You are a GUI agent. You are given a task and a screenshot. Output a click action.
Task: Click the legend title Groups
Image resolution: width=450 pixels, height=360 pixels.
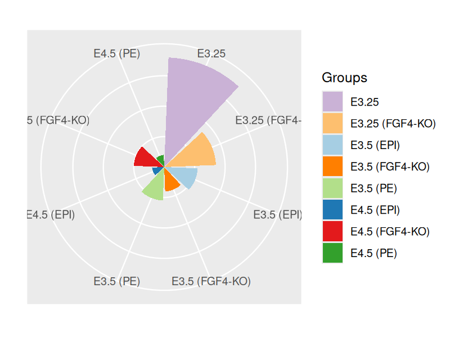[x=344, y=78]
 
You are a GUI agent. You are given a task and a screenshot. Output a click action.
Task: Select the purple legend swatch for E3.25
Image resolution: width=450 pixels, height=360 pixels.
[x=332, y=102]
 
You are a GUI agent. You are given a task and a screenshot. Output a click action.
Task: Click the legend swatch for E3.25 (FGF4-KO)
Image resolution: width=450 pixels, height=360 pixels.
[x=332, y=123]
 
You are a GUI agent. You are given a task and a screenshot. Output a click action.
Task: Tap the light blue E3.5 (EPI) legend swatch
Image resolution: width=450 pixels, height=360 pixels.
[x=332, y=145]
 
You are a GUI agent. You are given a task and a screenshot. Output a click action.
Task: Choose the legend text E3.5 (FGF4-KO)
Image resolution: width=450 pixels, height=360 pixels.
[x=390, y=166]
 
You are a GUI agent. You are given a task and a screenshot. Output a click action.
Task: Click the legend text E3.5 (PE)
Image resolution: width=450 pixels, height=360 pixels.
[x=373, y=188]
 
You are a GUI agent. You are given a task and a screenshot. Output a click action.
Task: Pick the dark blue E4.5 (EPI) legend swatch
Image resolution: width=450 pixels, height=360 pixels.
[x=332, y=210]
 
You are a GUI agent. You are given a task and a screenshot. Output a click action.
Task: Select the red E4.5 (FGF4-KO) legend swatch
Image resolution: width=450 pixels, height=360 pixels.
[x=332, y=231]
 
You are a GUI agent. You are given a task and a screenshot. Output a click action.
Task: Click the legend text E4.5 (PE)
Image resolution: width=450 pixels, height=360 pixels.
[x=373, y=253]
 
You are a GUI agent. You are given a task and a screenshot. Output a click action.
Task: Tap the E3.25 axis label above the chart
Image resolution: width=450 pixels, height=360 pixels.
[x=211, y=53]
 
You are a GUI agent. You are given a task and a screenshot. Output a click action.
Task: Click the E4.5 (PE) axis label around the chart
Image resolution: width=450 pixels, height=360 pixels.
[x=117, y=53]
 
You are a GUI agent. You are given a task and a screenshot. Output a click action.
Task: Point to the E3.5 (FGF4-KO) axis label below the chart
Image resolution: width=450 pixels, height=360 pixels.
[x=211, y=281]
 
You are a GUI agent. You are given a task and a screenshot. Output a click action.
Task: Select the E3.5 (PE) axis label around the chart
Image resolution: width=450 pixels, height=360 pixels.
[x=116, y=281]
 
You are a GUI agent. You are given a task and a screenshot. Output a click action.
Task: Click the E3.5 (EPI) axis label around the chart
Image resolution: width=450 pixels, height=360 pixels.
[x=278, y=214]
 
